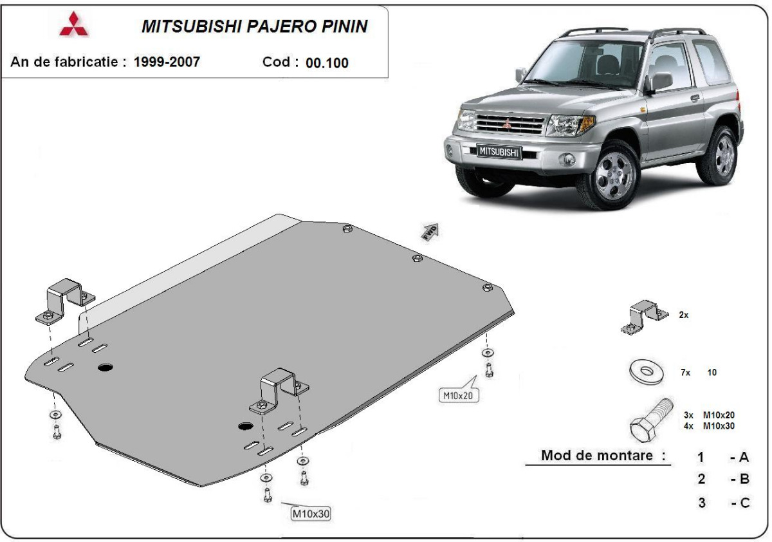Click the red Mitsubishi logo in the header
[x=74, y=24]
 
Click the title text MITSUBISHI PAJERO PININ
[x=254, y=26]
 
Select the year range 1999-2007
[x=167, y=62]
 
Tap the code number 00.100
[x=327, y=63]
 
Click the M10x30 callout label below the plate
[x=311, y=514]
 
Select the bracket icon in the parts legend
[x=643, y=317]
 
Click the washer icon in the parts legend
[x=643, y=372]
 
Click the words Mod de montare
[x=603, y=456]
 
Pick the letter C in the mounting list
[x=744, y=503]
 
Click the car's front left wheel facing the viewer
[x=609, y=176]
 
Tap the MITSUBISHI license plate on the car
[x=499, y=151]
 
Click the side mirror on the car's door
[x=659, y=82]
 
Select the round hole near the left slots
[x=105, y=368]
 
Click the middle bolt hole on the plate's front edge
[x=417, y=258]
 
